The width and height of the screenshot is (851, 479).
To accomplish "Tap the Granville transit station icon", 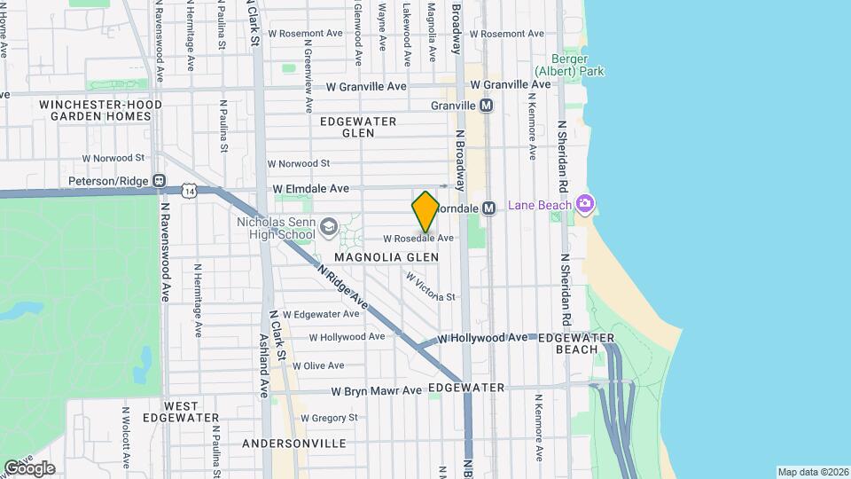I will click(486, 106).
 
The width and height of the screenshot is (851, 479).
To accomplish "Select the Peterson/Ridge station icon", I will click(159, 181).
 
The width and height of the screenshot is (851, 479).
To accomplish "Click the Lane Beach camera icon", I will click(584, 205).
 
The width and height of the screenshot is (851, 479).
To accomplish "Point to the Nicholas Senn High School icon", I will click(330, 228).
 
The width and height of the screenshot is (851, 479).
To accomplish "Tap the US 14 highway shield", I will click(188, 190).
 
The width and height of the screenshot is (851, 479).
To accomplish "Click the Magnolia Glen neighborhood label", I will click(386, 257).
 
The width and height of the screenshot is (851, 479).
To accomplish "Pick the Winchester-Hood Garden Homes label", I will click(100, 110).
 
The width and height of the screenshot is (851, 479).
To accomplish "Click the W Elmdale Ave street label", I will click(310, 189).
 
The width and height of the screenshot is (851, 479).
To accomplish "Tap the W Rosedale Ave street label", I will click(418, 239).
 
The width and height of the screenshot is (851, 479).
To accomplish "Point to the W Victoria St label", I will click(430, 287).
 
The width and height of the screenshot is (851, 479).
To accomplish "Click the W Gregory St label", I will click(329, 417).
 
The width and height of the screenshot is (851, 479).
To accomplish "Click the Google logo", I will click(29, 467).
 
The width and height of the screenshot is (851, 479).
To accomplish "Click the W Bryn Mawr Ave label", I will click(377, 390).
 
